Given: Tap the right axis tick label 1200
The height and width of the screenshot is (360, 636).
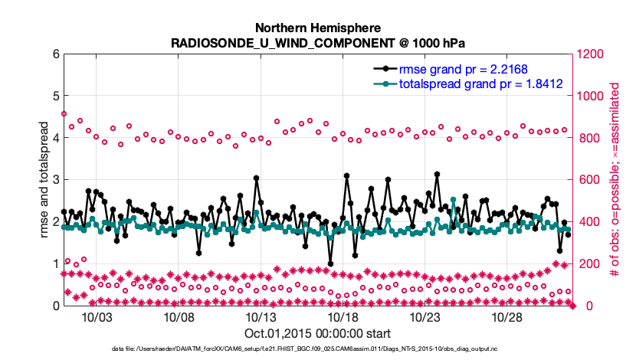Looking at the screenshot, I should pyautogui.click(x=592, y=54).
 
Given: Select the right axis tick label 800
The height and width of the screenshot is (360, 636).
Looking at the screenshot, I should pyautogui.click(x=588, y=139).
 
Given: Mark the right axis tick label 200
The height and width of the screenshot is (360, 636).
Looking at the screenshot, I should pyautogui.click(x=588, y=264).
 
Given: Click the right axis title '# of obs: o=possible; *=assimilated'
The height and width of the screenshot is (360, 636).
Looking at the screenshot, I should pyautogui.click(x=615, y=180).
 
